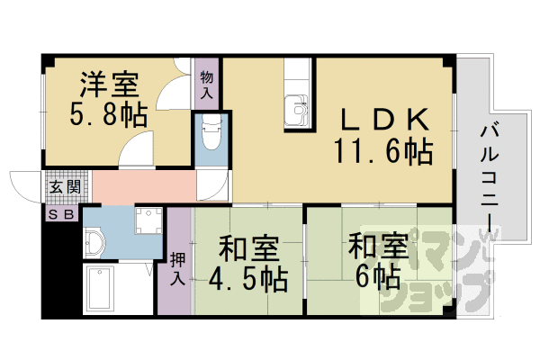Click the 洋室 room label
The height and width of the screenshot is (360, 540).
tap(109, 85)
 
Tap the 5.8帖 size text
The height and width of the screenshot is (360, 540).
tap(109, 115)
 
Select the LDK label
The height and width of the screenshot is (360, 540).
tap(379, 120)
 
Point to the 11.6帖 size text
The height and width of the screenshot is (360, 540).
tap(383, 150)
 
